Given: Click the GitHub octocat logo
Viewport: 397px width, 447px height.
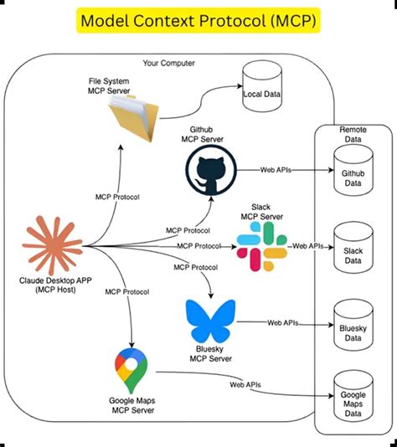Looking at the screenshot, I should coord(209,172).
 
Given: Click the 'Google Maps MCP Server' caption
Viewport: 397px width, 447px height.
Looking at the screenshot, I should coord(132,406).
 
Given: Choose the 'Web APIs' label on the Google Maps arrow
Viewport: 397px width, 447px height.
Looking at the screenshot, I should coord(247,384).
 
